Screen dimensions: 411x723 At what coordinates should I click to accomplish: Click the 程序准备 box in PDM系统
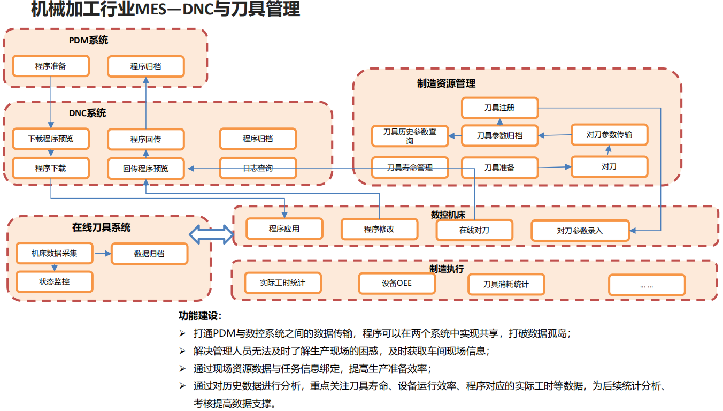click(51, 66)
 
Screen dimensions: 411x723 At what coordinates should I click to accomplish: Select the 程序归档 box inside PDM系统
click(145, 66)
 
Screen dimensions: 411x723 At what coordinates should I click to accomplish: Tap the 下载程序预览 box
click(51, 139)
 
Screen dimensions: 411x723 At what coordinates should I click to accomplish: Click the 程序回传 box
click(145, 139)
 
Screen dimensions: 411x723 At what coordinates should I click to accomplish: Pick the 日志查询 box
click(258, 168)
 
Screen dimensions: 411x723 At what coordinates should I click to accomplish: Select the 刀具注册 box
click(499, 108)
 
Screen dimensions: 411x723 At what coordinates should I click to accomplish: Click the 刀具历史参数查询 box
click(410, 136)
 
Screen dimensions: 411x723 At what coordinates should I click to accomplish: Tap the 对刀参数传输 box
click(609, 134)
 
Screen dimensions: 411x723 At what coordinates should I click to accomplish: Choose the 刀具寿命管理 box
click(410, 168)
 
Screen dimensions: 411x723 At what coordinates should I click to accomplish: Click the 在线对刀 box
click(474, 230)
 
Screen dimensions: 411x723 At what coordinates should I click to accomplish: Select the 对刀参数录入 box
click(580, 231)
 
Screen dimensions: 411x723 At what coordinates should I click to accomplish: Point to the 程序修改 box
click(379, 229)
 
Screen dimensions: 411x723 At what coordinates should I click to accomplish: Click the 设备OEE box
click(397, 283)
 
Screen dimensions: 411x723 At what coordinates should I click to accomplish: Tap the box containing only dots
click(647, 285)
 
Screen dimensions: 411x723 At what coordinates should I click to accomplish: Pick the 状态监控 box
click(54, 281)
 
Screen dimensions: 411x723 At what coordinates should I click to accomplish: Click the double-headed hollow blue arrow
click(212, 233)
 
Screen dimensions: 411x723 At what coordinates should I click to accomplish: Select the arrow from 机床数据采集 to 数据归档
click(102, 254)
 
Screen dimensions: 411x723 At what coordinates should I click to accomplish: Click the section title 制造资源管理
click(446, 83)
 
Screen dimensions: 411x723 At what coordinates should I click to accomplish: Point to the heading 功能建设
click(200, 316)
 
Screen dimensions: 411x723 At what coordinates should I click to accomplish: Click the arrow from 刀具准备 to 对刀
click(554, 168)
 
